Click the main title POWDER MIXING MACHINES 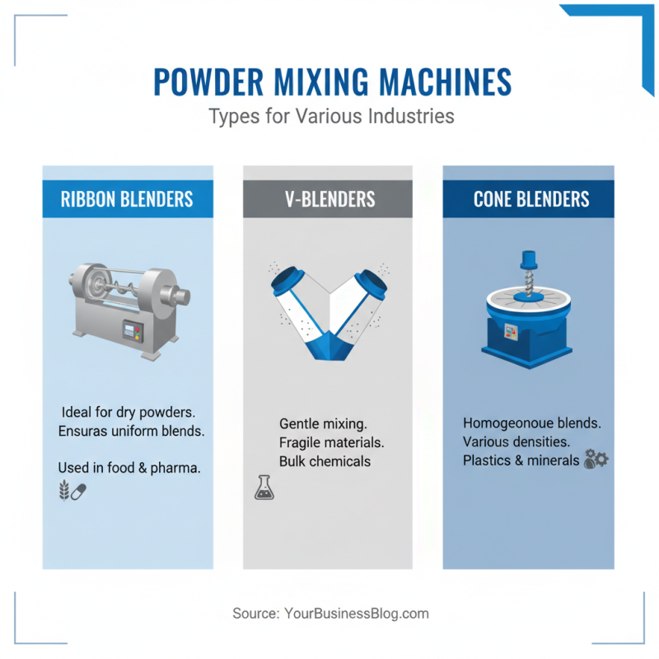(x=332, y=82)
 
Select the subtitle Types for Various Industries (x=331, y=116)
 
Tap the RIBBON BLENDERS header (x=127, y=199)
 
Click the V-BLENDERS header (x=327, y=199)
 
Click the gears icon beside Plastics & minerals (x=596, y=459)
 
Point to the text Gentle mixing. (x=323, y=423)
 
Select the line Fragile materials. (x=331, y=442)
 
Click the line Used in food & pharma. (x=129, y=467)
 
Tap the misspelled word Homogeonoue (x=507, y=423)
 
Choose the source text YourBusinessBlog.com (x=356, y=614)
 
